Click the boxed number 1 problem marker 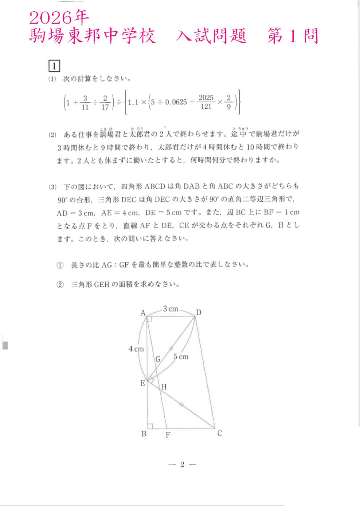click(54, 66)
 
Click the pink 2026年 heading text click(59, 17)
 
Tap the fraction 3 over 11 click(85, 102)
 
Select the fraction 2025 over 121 click(206, 102)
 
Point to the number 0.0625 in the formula click(176, 102)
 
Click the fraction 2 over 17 click(105, 102)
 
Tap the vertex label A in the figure click(143, 313)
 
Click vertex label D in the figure click(199, 312)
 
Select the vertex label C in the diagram click(220, 433)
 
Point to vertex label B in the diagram click(144, 434)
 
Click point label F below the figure click(168, 435)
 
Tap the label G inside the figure click(158, 359)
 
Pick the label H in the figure click(164, 387)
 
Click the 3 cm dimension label click(171, 309)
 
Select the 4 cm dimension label click(136, 349)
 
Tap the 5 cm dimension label click(181, 357)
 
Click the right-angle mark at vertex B click(150, 426)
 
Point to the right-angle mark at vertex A click(149, 319)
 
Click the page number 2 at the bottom click(182, 464)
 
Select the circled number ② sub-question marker click(60, 285)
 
